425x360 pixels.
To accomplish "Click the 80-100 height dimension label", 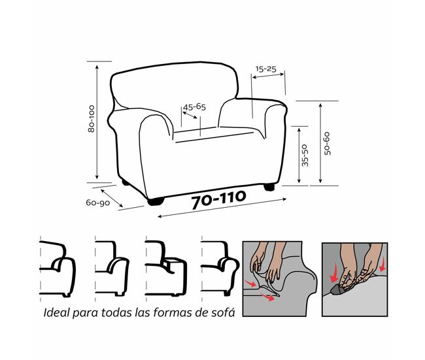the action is (x=92, y=119).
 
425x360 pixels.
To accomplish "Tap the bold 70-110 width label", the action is (x=219, y=199).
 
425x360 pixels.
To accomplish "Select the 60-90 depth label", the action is (x=98, y=203).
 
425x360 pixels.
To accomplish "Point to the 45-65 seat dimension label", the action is (x=194, y=107).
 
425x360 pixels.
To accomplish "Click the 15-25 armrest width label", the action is (x=266, y=69).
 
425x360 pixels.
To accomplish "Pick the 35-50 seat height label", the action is (x=305, y=155).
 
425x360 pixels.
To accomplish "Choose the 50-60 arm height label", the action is (x=327, y=143).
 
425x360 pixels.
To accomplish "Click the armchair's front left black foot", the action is (x=156, y=201).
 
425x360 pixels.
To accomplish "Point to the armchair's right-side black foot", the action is (x=269, y=187).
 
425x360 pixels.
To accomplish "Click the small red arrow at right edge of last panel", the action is (x=382, y=264).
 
